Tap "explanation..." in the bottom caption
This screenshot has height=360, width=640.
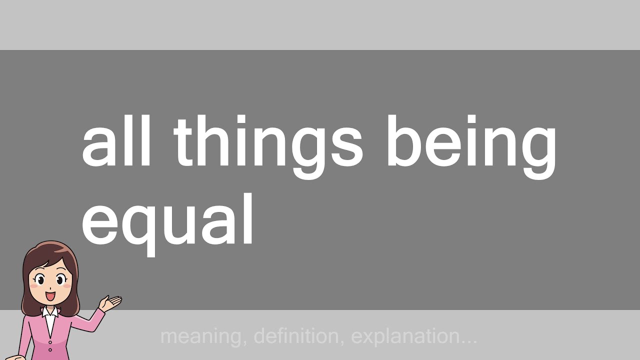coord(414,336)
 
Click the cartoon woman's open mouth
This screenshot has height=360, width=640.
coord(50,296)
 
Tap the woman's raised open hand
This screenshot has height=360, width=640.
coord(110,302)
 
